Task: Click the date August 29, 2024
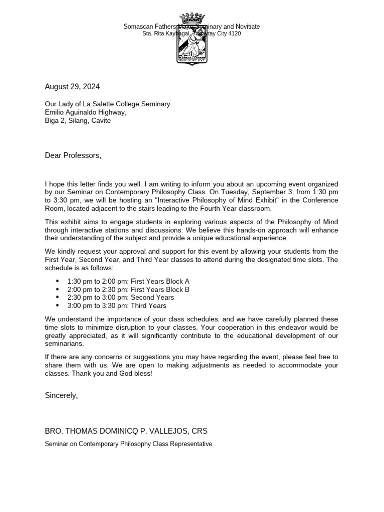[x=72, y=87]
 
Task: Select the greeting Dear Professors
[x=73, y=156]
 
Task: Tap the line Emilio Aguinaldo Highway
[x=86, y=112]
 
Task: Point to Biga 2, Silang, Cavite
[x=78, y=120]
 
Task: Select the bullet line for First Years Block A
[x=128, y=282]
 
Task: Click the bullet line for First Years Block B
[x=128, y=290]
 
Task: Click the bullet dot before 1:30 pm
[x=58, y=282]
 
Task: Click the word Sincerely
[x=61, y=395]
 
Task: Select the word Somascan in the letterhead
[x=137, y=27]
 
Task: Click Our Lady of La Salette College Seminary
[x=107, y=104]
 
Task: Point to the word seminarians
[x=64, y=344]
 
